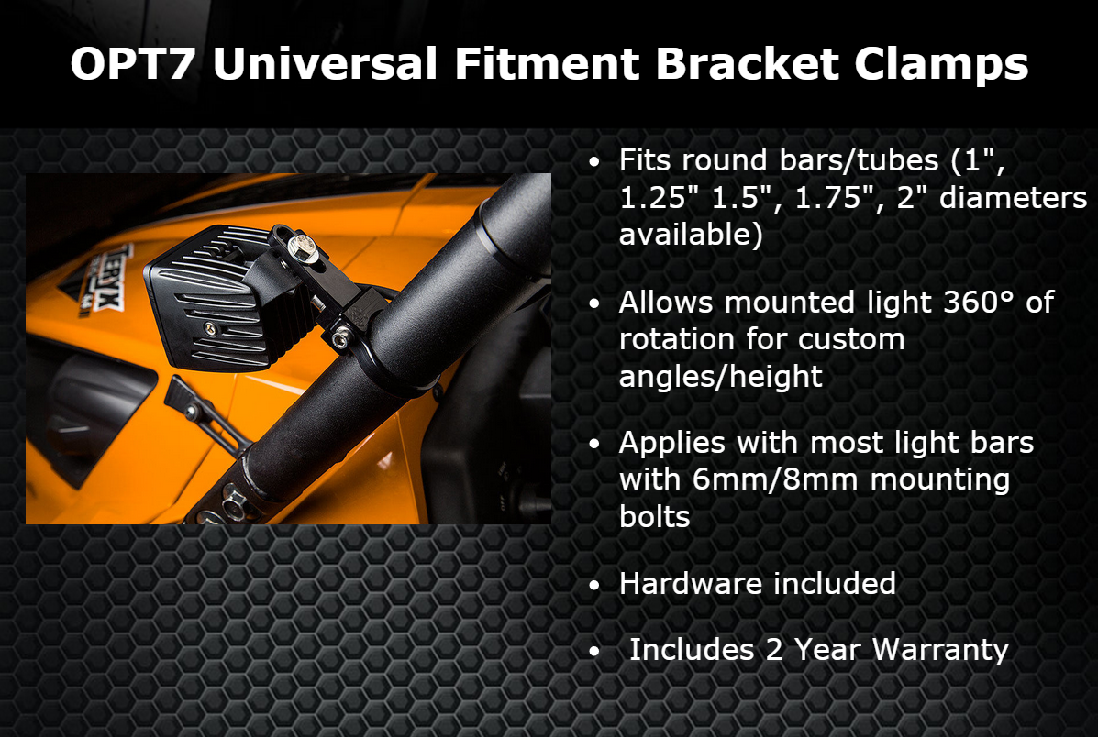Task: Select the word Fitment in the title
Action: [547, 63]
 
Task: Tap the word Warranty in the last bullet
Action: [939, 650]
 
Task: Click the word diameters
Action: [1014, 197]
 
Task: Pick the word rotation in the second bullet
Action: [677, 339]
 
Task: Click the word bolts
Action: [655, 516]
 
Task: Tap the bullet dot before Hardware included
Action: [594, 585]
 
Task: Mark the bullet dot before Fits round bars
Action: [594, 162]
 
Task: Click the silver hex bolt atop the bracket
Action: [303, 247]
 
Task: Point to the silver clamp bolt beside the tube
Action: [340, 339]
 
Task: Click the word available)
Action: [691, 235]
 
